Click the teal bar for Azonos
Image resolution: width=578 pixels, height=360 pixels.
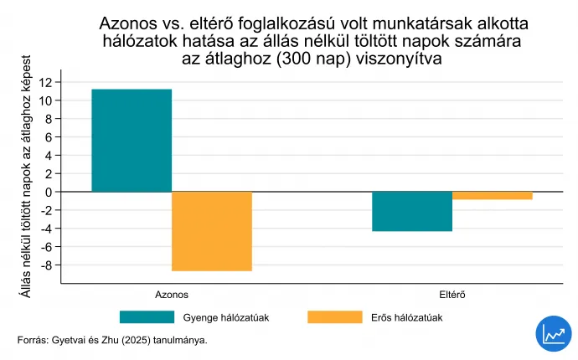pyautogui.click(x=132, y=141)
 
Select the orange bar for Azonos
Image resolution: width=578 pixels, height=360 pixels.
pyautogui.click(x=212, y=231)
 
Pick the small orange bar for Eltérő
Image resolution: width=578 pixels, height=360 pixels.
pyautogui.click(x=493, y=195)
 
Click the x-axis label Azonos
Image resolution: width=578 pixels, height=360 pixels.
pyautogui.click(x=172, y=295)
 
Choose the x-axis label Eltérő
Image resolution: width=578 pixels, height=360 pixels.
pyautogui.click(x=452, y=295)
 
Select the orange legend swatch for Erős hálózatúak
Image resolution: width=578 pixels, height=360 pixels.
pyautogui.click(x=333, y=317)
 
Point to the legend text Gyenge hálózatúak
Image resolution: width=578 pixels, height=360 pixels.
pyautogui.click(x=225, y=317)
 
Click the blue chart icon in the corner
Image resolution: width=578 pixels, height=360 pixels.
pyautogui.click(x=552, y=333)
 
